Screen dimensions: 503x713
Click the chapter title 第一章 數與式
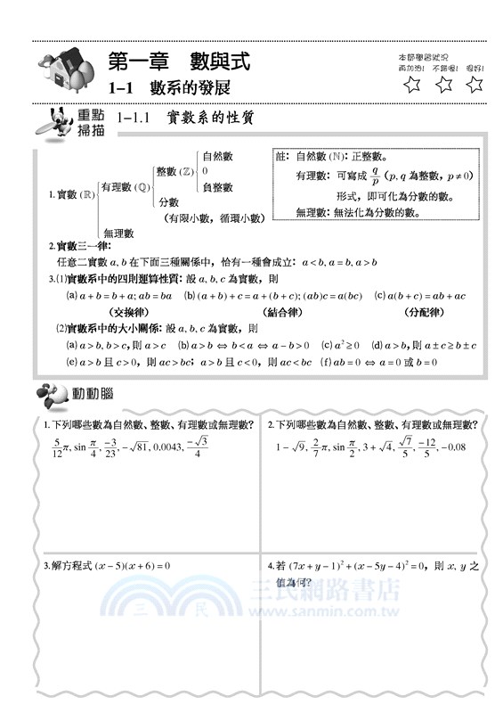point(178,61)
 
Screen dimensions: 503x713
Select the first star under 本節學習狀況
point(411,86)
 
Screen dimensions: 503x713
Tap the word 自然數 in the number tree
point(218,156)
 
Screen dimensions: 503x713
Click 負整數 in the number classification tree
point(218,187)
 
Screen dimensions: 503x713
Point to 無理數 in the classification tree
point(118,233)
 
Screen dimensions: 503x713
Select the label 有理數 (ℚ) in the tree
point(125,187)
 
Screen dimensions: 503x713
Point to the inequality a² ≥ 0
point(339,345)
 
